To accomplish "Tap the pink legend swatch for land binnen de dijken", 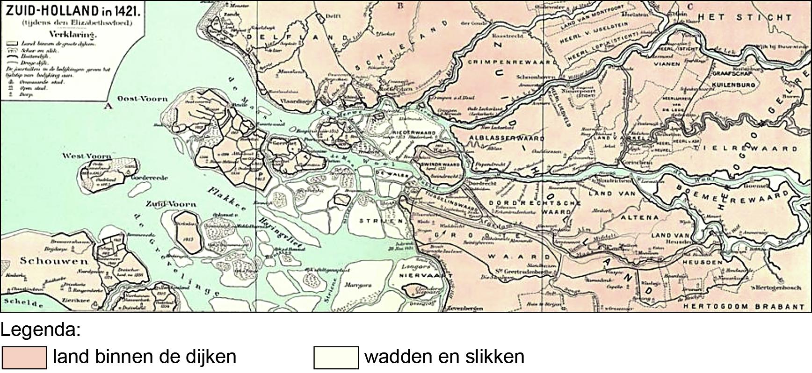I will (x=24, y=358).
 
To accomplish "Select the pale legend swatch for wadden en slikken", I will (x=336, y=358).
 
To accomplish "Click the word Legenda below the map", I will (x=40, y=330).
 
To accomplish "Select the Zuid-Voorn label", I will (x=171, y=204).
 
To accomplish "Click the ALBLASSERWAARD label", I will (x=507, y=139).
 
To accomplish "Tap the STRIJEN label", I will (x=381, y=221).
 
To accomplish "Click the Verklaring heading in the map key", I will (x=72, y=35).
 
